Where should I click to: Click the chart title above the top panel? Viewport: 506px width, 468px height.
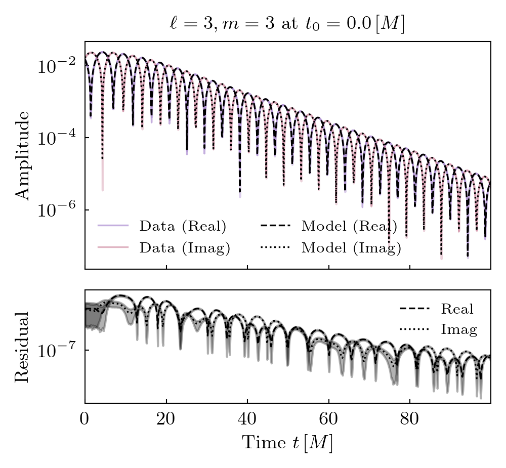click(287, 24)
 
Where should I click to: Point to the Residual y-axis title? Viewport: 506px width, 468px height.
click(23, 347)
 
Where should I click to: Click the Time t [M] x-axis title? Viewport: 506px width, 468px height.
click(287, 443)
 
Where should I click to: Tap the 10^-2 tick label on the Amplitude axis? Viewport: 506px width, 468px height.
click(55, 66)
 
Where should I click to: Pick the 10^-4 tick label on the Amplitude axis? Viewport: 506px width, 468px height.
click(55, 138)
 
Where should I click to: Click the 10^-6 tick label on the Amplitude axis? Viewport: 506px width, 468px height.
click(55, 210)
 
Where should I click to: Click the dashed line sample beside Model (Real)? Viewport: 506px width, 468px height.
click(276, 226)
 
